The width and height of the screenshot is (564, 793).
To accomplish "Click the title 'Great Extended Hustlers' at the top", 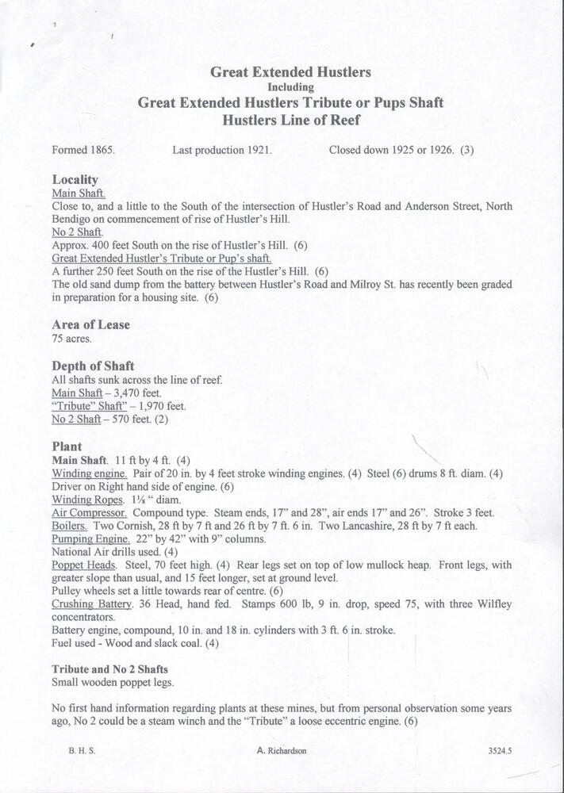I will point(290,72).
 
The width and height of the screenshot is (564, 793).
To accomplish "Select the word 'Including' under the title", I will point(290,87).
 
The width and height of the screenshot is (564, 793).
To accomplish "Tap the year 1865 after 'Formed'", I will point(101,149).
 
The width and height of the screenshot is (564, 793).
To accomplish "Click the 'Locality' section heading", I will point(75,180).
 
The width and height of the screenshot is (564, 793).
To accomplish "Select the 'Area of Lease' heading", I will point(90,324).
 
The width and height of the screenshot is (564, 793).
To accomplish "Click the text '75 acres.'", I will point(71,339).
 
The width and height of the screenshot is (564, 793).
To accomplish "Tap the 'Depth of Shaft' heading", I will point(93,366).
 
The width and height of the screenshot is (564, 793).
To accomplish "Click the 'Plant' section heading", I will point(67,446).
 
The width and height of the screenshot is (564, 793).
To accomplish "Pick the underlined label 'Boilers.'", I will point(70,526).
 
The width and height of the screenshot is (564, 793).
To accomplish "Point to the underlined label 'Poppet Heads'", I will point(83,565).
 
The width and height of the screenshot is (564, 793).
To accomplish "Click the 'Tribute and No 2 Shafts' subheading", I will point(109,669).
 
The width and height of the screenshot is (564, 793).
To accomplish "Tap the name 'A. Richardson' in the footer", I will point(282,750).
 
